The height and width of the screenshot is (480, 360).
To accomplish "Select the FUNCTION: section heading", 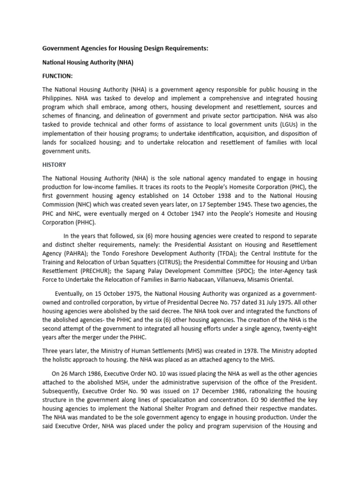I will tap(58, 76).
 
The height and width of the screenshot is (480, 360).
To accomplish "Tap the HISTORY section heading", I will tap(54, 165).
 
